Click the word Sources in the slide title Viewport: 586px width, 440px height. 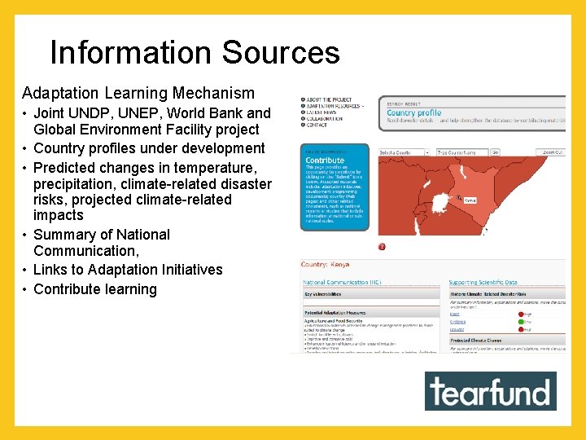(x=281, y=53)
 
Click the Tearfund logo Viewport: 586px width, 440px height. (x=490, y=391)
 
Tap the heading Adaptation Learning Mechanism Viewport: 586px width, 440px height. (x=138, y=93)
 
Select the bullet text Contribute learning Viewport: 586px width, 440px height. (x=95, y=289)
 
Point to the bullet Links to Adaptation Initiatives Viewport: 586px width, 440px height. (x=128, y=270)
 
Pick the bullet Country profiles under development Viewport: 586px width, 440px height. (x=149, y=148)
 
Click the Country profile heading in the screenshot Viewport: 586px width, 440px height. (x=413, y=112)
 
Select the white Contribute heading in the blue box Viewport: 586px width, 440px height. (x=325, y=161)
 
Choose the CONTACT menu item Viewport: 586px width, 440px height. (x=318, y=125)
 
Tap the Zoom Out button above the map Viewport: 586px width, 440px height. (x=554, y=152)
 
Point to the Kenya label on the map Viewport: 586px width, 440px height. (x=470, y=200)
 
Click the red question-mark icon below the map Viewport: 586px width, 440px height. (x=382, y=246)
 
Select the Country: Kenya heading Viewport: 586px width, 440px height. (x=331, y=265)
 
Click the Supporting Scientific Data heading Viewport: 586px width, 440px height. (x=483, y=282)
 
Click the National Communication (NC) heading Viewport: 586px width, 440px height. (x=342, y=282)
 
